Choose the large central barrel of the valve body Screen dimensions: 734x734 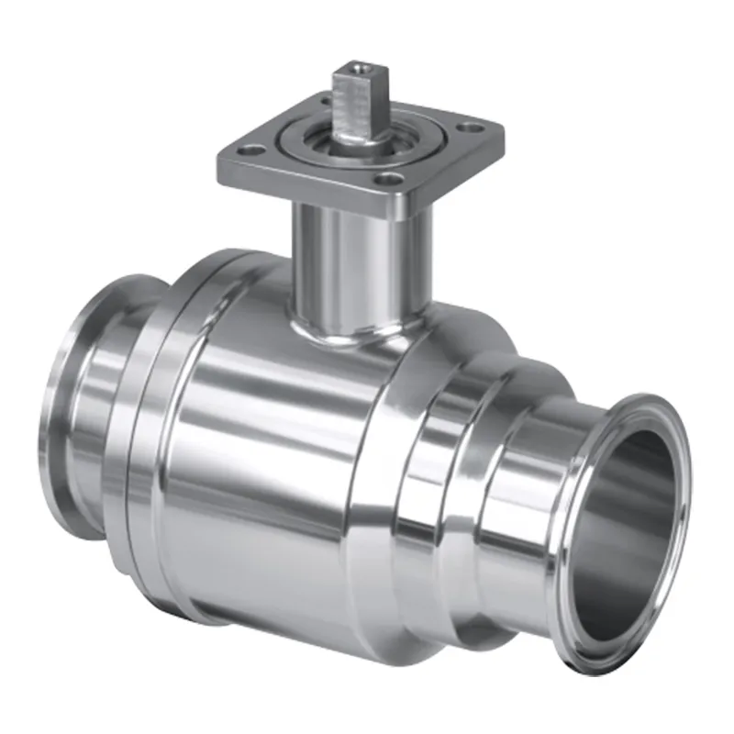[x=284, y=459]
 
